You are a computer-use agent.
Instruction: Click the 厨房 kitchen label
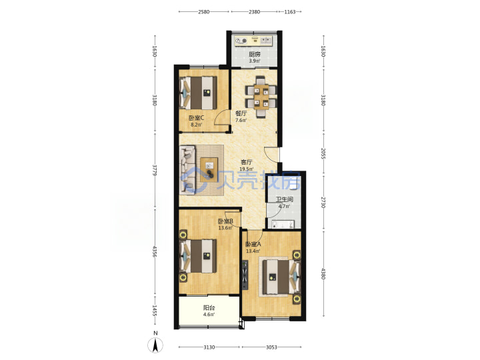(x=255, y=55)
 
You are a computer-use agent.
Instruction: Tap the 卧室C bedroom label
(x=196, y=118)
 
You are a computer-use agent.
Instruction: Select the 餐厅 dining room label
(x=241, y=113)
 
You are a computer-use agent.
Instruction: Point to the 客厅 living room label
(x=247, y=162)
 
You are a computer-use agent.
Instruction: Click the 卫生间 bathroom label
(x=285, y=199)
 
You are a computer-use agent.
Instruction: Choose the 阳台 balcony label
(x=209, y=308)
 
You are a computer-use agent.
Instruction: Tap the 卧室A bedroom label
(x=253, y=244)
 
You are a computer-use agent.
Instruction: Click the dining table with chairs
(x=261, y=97)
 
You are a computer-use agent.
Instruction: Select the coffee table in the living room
(x=209, y=169)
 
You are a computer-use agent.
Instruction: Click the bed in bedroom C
(x=198, y=93)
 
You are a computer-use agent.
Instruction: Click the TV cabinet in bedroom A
(x=245, y=275)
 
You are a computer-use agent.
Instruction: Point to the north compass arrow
(x=155, y=345)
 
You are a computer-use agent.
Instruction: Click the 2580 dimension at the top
(x=204, y=12)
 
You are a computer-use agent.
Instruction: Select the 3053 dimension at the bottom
(x=271, y=347)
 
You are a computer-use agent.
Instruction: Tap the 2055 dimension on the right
(x=323, y=153)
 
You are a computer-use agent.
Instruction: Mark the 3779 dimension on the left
(x=155, y=170)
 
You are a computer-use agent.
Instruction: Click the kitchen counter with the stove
(x=253, y=41)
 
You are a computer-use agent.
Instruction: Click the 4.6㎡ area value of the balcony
(x=209, y=315)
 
